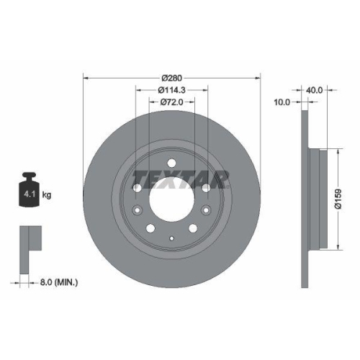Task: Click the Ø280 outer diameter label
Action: pos(172,77)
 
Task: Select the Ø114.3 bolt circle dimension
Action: pos(172,90)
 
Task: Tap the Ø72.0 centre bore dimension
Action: pos(172,103)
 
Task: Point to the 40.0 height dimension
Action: pos(315,90)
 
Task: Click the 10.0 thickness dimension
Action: pos(282,103)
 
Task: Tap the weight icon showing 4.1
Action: pos(30,189)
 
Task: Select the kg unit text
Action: pos(48,194)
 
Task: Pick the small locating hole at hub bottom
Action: pos(171,239)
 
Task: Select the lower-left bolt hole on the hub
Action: pos(150,228)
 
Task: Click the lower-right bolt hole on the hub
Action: pos(193,228)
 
